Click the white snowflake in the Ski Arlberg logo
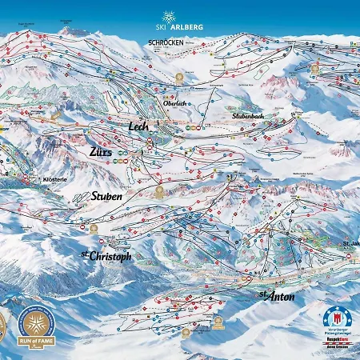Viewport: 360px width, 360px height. coord(169,17)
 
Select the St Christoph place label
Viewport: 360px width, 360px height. coord(106,256)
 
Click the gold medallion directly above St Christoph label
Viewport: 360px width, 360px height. coord(93,229)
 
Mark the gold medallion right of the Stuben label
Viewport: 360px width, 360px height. coord(160,192)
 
